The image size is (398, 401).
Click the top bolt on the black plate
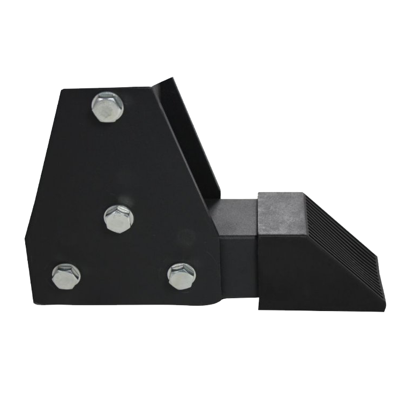click(x=108, y=107)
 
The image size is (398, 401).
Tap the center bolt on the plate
click(x=118, y=218)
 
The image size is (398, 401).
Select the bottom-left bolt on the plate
click(x=66, y=276)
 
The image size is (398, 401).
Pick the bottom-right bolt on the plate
click(x=181, y=276)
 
